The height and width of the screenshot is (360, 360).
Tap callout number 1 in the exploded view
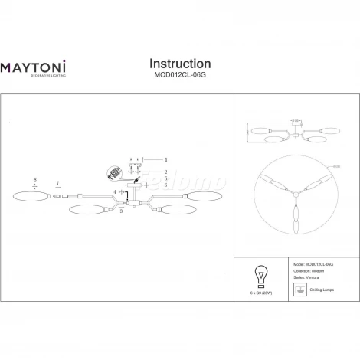coord(165,160)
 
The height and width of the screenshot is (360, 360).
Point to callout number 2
coord(165,172)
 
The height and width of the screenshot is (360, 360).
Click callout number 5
coord(165,178)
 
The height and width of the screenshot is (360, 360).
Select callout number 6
coord(165,185)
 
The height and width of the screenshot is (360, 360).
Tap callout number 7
coord(58,184)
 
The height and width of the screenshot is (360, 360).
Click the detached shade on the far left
coord(30,196)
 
